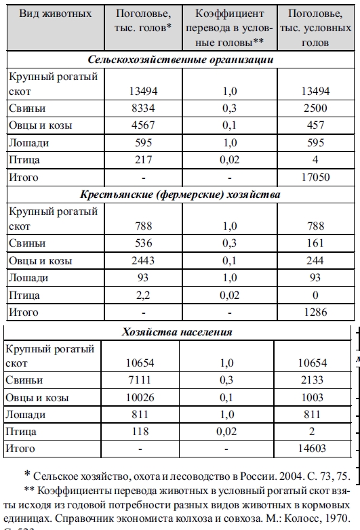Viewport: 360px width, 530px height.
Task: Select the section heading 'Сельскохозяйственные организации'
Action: pos(180,60)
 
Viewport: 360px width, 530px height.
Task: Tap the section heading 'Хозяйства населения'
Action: pos(178,332)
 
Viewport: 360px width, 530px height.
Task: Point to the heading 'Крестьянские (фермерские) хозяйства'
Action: pos(180,195)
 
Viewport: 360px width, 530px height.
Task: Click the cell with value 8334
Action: pos(138,108)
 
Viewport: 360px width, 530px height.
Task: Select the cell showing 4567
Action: pos(138,125)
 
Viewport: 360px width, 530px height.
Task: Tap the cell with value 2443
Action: pos(138,260)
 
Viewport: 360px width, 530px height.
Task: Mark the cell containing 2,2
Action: pos(138,295)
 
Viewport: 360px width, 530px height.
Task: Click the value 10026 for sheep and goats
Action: pos(138,397)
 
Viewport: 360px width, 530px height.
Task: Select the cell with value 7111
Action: pos(138,380)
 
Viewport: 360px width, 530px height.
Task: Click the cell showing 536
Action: pos(138,243)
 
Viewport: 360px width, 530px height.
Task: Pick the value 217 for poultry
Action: pos(138,160)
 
